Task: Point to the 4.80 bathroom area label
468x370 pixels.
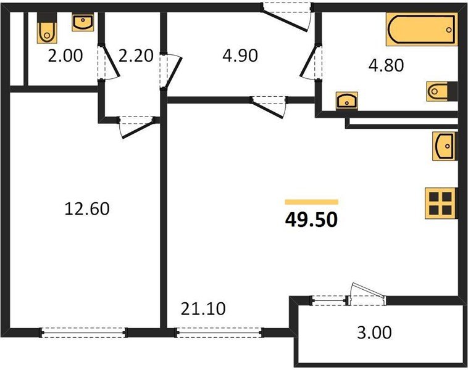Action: click(x=386, y=65)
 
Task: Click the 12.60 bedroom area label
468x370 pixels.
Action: click(x=87, y=209)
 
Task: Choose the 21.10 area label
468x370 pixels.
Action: click(x=200, y=306)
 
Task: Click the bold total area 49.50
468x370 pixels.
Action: click(x=311, y=220)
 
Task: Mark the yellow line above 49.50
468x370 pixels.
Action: click(x=311, y=202)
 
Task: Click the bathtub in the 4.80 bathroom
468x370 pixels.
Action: click(x=422, y=30)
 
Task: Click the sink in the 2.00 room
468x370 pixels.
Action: click(x=83, y=23)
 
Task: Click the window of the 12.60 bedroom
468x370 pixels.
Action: click(x=83, y=332)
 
